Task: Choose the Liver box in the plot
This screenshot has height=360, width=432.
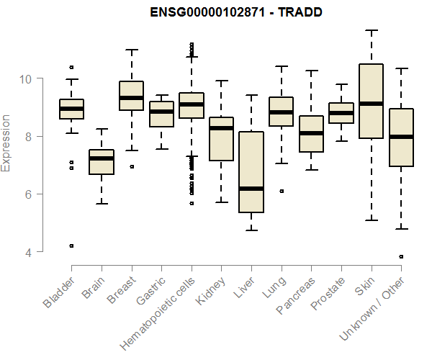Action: [251, 173]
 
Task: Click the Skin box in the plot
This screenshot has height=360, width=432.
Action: [372, 101]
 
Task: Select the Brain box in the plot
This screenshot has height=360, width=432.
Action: [101, 162]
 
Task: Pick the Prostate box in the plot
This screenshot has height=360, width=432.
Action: [341, 113]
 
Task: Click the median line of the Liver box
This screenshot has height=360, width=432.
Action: [251, 189]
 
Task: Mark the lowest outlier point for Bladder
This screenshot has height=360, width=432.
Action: [71, 246]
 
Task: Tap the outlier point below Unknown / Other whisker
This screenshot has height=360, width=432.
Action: [401, 256]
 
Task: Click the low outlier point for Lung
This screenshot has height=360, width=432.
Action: [282, 191]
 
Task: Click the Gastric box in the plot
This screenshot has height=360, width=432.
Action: [161, 114]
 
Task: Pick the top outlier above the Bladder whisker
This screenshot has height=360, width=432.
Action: [71, 67]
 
